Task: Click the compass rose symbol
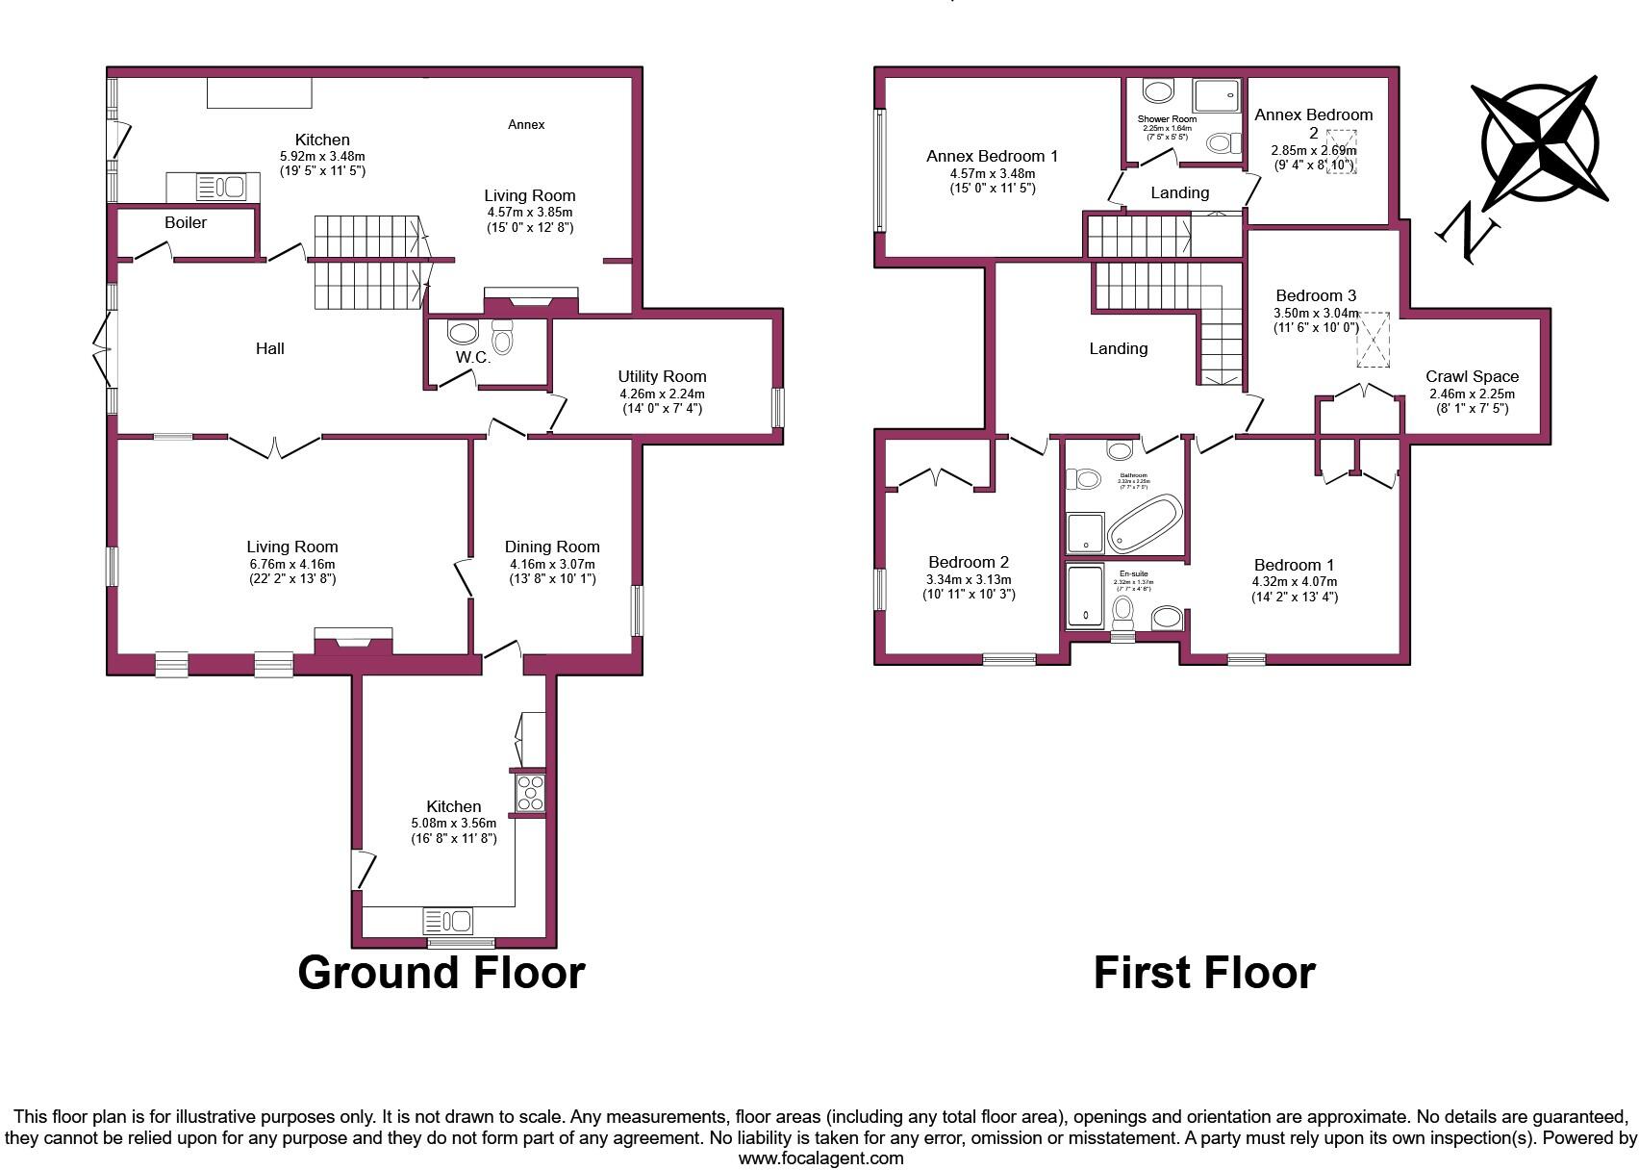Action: [x=1540, y=144]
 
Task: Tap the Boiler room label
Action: [x=186, y=222]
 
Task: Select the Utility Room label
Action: [x=662, y=376]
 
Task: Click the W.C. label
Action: [x=473, y=357]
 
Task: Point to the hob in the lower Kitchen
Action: [x=529, y=793]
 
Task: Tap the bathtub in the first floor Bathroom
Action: [x=1144, y=523]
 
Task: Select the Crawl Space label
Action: [x=1472, y=376]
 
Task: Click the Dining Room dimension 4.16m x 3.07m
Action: [x=552, y=564]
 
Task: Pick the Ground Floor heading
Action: [x=441, y=972]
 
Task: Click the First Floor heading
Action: [x=1204, y=972]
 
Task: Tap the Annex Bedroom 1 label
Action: [x=992, y=156]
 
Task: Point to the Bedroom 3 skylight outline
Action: [x=1374, y=339]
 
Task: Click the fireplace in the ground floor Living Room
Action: [x=353, y=643]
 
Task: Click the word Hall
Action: [x=270, y=348]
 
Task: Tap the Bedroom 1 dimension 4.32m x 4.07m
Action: [x=1294, y=581]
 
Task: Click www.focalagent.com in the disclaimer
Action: [x=820, y=1158]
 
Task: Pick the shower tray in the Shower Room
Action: [x=1218, y=96]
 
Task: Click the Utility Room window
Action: [x=777, y=408]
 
